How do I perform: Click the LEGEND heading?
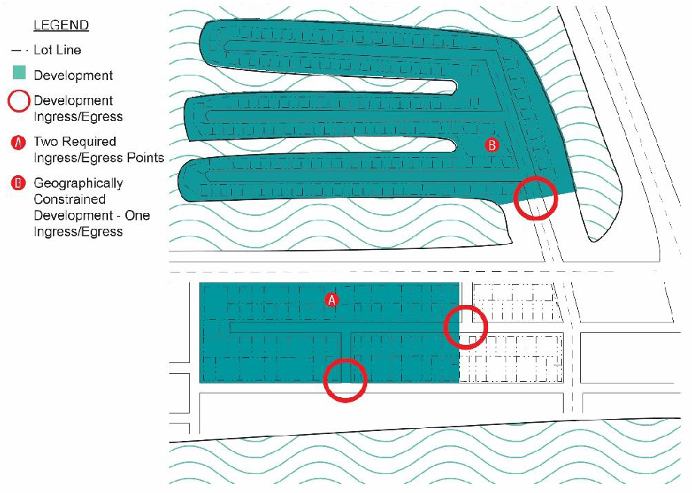[61, 26]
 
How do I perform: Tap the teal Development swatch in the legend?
[20, 72]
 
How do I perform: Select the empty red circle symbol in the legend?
[19, 101]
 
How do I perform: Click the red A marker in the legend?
[18, 143]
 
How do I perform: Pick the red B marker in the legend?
[18, 183]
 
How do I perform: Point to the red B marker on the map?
[492, 145]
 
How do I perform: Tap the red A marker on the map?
[332, 300]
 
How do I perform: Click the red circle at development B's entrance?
[536, 198]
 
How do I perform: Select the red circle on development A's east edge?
[465, 327]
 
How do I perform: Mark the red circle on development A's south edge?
[345, 380]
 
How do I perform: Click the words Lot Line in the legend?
[57, 50]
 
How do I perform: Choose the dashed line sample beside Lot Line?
[20, 51]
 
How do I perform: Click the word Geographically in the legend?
[78, 183]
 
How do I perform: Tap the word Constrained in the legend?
[70, 199]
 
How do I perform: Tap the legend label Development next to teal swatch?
[73, 75]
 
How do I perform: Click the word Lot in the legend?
[43, 50]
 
